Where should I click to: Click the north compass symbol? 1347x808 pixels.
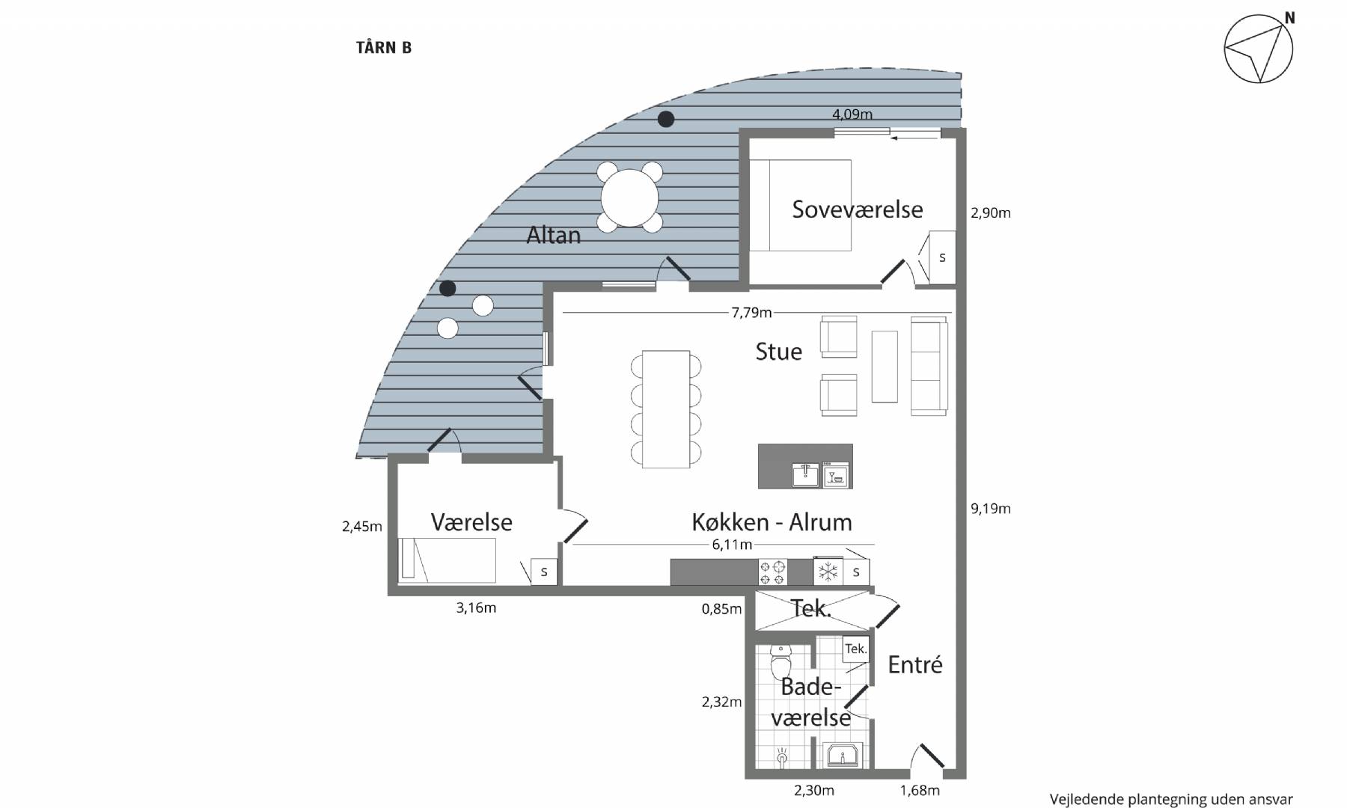(1259, 48)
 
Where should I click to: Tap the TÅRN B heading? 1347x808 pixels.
(384, 48)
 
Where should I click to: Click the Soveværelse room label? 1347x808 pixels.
(858, 209)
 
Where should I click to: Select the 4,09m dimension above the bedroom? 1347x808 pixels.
(852, 114)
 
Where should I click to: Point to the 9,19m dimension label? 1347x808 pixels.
(991, 509)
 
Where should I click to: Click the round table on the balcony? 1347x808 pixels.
(629, 198)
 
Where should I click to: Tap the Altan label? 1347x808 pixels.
(554, 235)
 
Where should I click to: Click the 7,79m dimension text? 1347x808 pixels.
(751, 313)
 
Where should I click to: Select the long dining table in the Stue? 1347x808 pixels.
(666, 409)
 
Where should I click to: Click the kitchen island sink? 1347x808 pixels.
(805, 475)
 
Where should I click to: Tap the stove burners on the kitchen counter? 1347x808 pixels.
(772, 572)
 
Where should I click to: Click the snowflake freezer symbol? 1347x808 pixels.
(828, 572)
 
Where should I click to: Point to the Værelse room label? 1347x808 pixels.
(471, 522)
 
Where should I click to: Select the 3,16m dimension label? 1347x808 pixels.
(476, 608)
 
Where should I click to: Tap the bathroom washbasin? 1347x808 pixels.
(843, 756)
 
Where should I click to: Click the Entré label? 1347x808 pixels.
(915, 664)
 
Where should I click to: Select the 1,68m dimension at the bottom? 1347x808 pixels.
(920, 790)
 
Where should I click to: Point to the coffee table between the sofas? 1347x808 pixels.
(885, 367)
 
